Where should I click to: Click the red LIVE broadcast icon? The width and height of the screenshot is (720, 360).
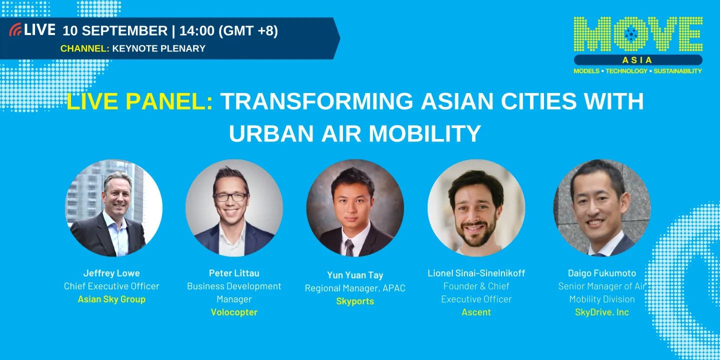(15, 30)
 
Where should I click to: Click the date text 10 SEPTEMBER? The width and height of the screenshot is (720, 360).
(115, 30)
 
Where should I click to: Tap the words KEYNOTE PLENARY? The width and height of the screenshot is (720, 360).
(158, 48)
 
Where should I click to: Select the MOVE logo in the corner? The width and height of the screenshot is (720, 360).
(638, 35)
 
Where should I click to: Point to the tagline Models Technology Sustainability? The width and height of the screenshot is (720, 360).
(637, 71)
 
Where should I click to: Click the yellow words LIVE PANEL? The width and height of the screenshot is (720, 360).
(139, 102)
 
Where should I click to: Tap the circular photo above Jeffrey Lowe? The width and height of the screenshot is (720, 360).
(114, 207)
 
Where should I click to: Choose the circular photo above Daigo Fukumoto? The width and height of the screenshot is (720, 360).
(601, 207)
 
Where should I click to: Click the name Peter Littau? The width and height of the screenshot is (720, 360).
(234, 273)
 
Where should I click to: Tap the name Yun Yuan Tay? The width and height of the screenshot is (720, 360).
(355, 275)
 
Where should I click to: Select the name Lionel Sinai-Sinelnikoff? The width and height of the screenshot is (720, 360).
(476, 273)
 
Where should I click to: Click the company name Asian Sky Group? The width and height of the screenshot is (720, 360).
(111, 299)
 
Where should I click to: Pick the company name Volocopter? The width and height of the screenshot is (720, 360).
(234, 312)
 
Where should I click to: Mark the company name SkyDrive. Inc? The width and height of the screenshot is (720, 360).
(601, 312)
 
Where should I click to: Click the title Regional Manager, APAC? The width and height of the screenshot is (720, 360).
(355, 288)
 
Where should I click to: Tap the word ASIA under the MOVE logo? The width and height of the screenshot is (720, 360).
(637, 60)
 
